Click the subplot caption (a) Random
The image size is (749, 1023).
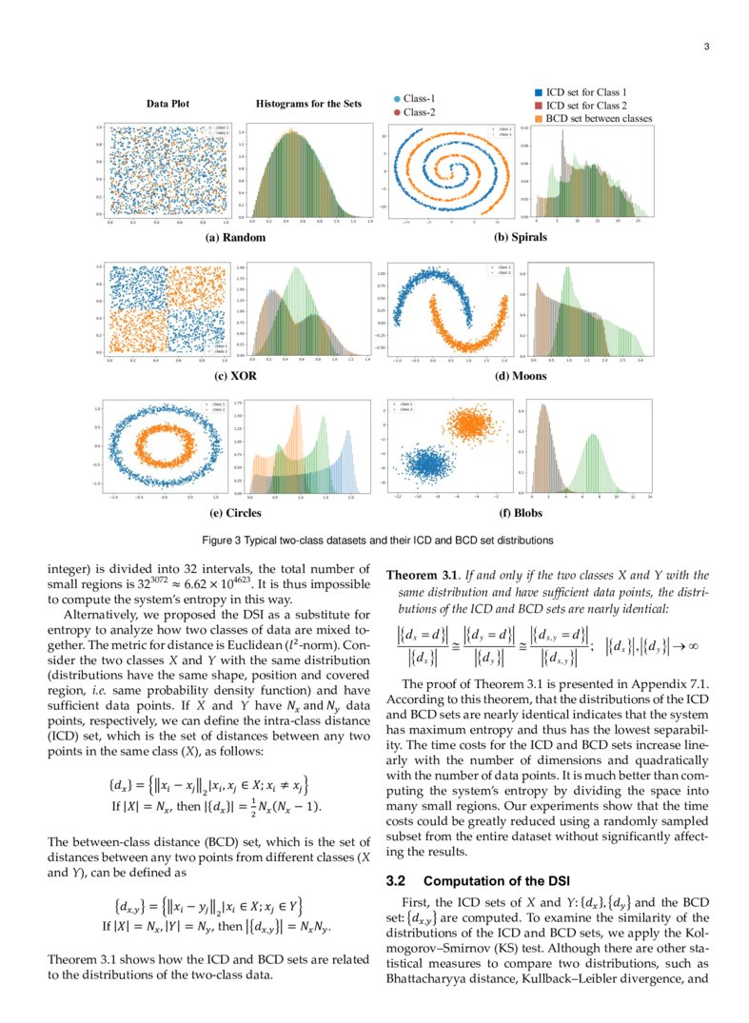tap(235, 237)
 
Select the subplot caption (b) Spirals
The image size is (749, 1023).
tap(521, 237)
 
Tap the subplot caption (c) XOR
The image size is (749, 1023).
tap(237, 376)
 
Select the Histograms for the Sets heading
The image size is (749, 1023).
tap(308, 104)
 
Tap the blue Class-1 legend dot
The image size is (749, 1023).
tap(397, 99)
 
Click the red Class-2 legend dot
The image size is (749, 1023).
tap(397, 112)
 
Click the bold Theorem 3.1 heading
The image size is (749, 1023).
tap(418, 575)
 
